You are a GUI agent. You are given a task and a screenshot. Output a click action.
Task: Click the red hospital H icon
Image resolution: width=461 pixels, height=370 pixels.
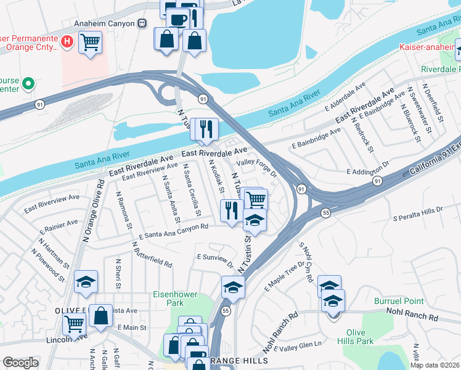(x=68, y=41)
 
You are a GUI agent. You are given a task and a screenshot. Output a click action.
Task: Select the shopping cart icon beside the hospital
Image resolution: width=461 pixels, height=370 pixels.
(x=90, y=43)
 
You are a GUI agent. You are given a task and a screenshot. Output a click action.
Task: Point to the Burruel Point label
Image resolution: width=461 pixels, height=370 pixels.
(x=399, y=301)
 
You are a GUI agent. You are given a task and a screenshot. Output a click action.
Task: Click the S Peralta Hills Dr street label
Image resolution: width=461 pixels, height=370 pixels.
(x=418, y=213)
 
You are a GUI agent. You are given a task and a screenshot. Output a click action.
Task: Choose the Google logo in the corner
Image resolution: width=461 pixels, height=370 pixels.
(x=20, y=363)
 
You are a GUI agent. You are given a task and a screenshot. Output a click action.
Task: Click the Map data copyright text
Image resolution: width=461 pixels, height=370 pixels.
(x=434, y=365)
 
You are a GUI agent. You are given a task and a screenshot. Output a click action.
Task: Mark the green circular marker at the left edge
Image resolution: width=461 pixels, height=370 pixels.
(x=28, y=83)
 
